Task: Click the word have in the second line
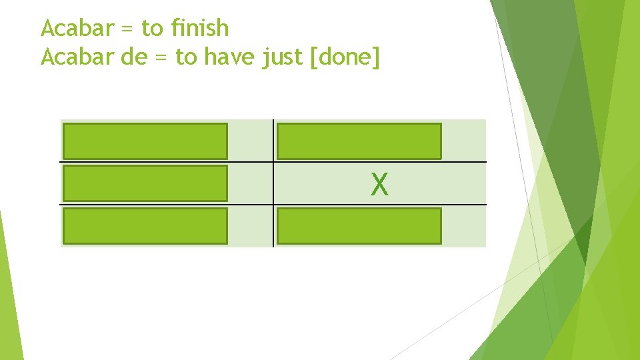coord(227,58)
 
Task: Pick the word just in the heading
coord(279,59)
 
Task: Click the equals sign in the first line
coord(125,29)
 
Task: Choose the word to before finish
coord(153,28)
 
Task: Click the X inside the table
coord(379,184)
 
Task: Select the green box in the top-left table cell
coord(145,141)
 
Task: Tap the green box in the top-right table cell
coord(359,141)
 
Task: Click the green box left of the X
coord(145,183)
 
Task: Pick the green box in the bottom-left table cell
coord(145,226)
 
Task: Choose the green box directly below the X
coord(359,226)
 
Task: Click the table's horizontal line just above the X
coord(379,162)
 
